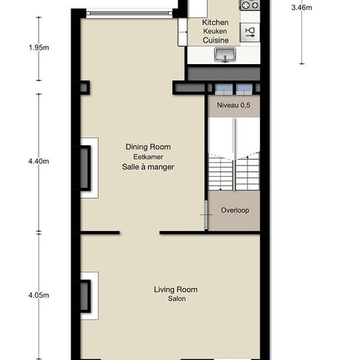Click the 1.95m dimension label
pos(39,48)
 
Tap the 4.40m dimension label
pos(39,162)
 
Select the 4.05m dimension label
pos(39,295)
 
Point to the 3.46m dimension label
pos(302,8)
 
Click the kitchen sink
pos(225,54)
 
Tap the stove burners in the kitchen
pos(250,5)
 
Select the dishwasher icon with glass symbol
pos(250,32)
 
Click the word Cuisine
pos(215,40)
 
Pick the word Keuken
pos(215,31)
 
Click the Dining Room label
pos(148,147)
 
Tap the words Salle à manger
pos(148,167)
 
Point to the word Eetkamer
pos(148,157)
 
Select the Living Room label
pos(175,289)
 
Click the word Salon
pos(177,298)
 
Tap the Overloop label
pos(235,210)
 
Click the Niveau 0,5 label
pos(234,105)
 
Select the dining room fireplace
pos(85,168)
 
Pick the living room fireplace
pos(85,296)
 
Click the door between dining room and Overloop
pos(206,215)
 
